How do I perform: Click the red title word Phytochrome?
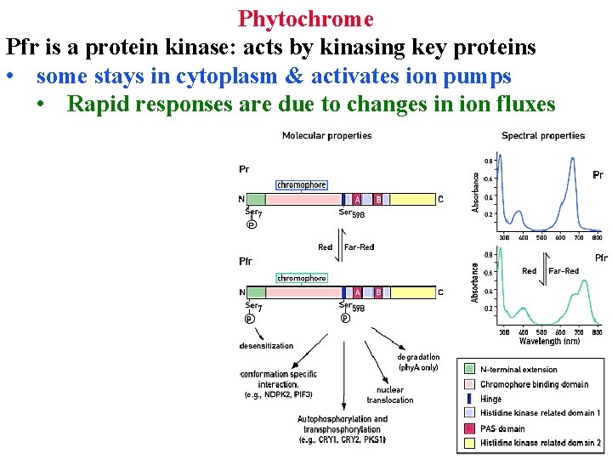(305, 18)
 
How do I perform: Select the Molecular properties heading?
(326, 135)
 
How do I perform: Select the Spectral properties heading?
(543, 135)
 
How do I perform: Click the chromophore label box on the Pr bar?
(301, 184)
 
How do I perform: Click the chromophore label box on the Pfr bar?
(301, 278)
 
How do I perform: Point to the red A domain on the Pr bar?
(357, 199)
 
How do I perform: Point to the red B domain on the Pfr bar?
(378, 292)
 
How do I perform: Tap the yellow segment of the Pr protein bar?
(411, 199)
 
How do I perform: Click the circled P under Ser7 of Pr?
(251, 224)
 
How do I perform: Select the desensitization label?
(266, 346)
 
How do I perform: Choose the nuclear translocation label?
(390, 395)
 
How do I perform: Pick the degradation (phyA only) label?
(418, 362)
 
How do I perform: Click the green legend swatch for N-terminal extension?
(469, 369)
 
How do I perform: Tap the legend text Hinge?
(491, 399)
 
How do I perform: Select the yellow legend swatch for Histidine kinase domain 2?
(469, 443)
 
